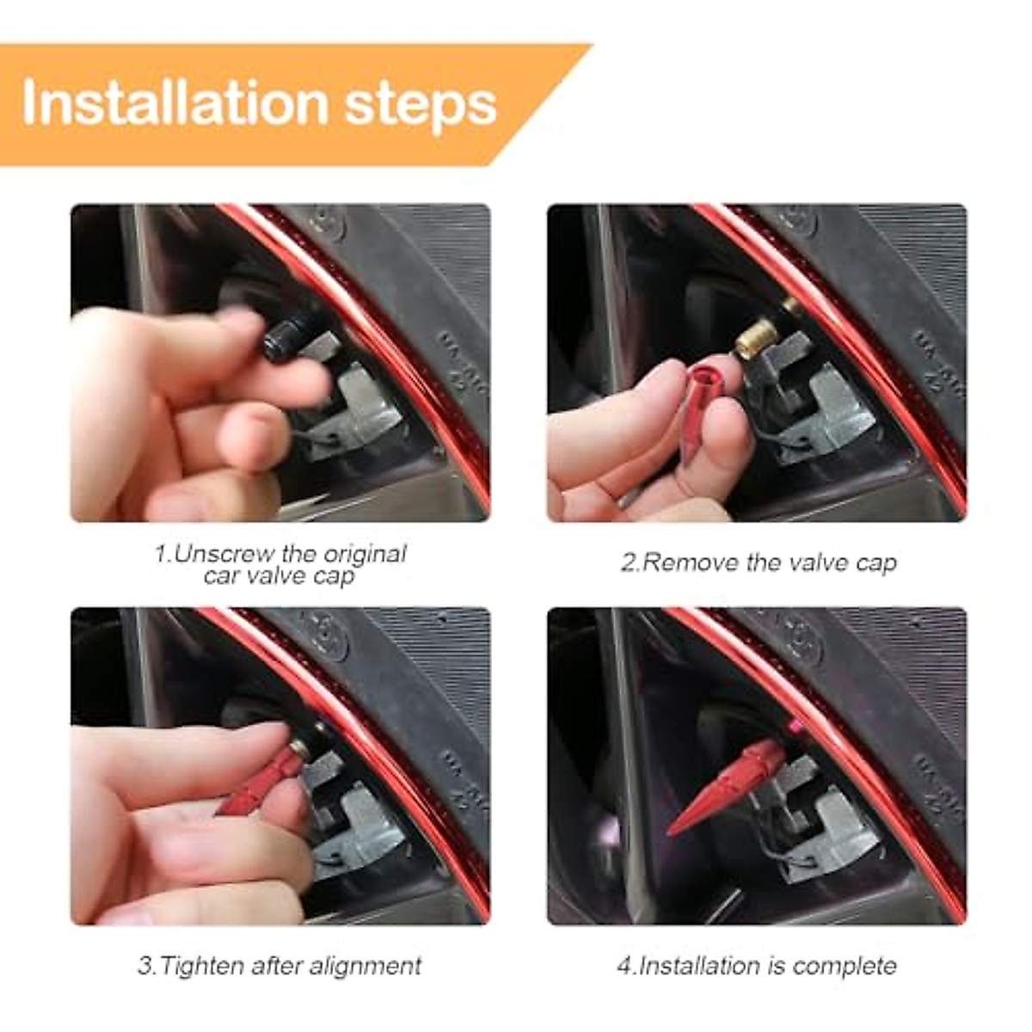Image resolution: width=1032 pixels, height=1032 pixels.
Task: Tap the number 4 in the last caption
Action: pyautogui.click(x=624, y=966)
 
